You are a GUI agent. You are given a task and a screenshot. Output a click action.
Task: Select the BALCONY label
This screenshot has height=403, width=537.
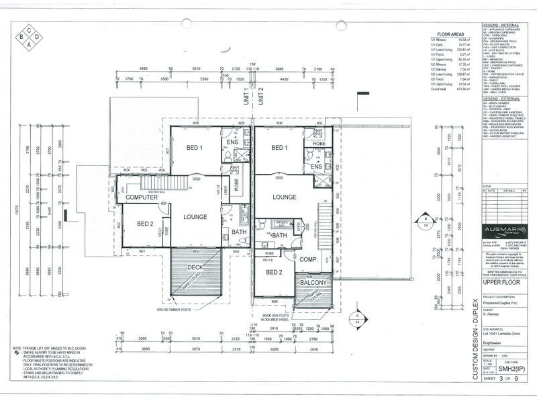pyautogui.click(x=313, y=283)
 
